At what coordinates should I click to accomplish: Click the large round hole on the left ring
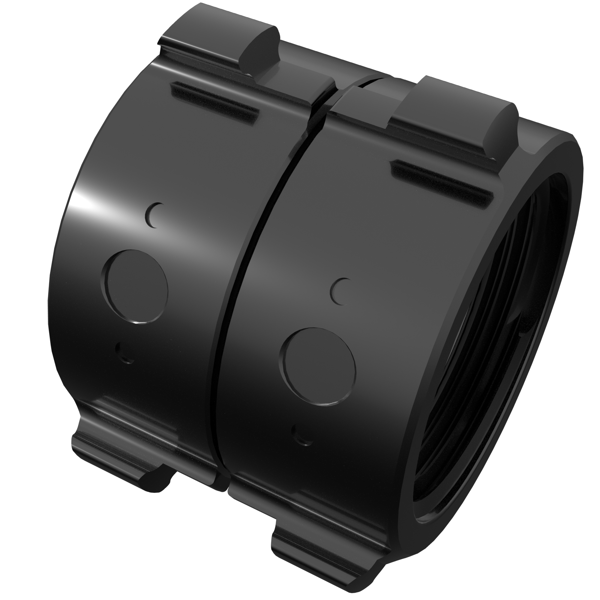tap(134, 286)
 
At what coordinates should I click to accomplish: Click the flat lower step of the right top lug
tap(367, 96)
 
